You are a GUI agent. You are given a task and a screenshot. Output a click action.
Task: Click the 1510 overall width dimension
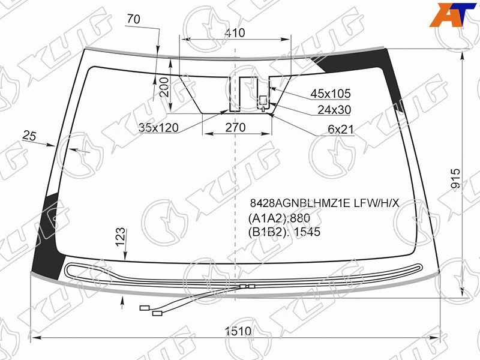point(238,331)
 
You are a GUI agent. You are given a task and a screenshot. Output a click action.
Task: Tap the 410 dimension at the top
point(235,33)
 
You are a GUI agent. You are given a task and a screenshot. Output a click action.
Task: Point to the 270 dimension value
point(235,127)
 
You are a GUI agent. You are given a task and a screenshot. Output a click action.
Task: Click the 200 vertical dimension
point(164,87)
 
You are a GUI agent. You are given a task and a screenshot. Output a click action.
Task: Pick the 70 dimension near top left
point(133,19)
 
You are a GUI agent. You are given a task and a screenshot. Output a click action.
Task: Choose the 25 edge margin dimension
point(29,136)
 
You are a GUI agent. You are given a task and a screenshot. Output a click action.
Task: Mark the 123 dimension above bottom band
point(121,236)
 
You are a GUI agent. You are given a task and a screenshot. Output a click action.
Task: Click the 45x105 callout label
point(331,94)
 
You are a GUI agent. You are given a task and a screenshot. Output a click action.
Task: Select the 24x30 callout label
point(334,110)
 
